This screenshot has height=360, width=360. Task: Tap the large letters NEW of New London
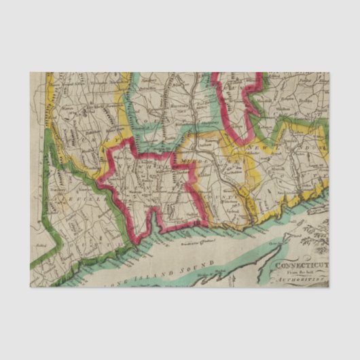point(257,146)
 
